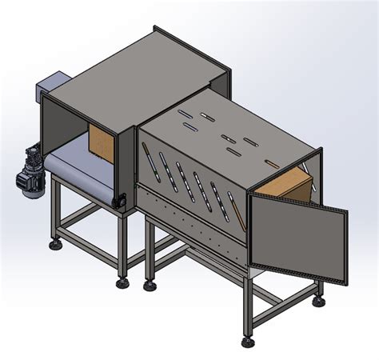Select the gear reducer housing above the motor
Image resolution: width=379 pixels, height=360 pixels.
pyautogui.click(x=34, y=154)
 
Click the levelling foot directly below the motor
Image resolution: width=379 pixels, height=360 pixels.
pyautogui.click(x=56, y=243)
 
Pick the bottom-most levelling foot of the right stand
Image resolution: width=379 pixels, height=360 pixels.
pyautogui.click(x=248, y=339)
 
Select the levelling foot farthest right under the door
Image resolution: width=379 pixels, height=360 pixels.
pyautogui.click(x=321, y=301)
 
